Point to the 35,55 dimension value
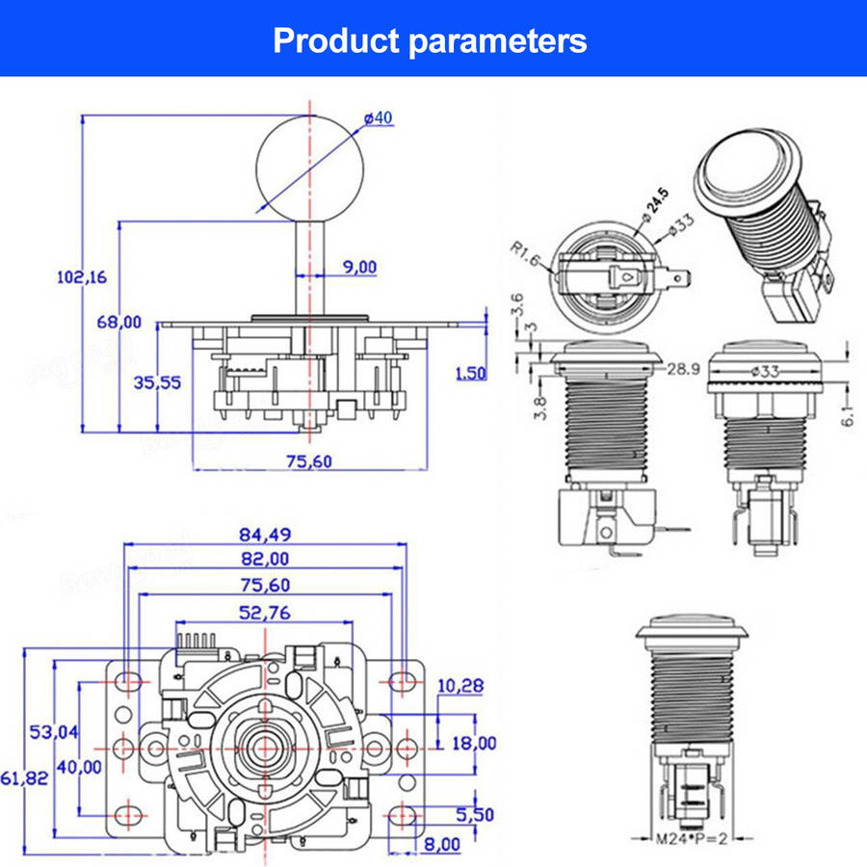(156, 382)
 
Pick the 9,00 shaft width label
(359, 267)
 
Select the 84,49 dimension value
(266, 533)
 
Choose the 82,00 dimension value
(266, 559)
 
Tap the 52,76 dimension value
(266, 612)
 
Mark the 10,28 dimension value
(460, 686)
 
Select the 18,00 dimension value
(473, 743)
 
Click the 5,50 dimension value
(474, 815)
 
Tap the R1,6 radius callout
(525, 255)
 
